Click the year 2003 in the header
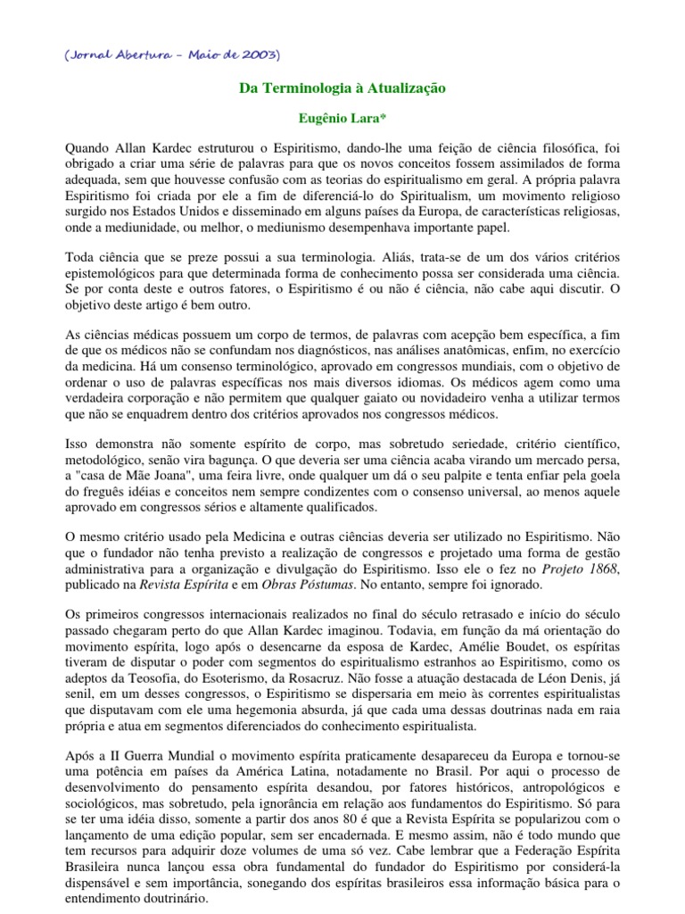click(x=258, y=55)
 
